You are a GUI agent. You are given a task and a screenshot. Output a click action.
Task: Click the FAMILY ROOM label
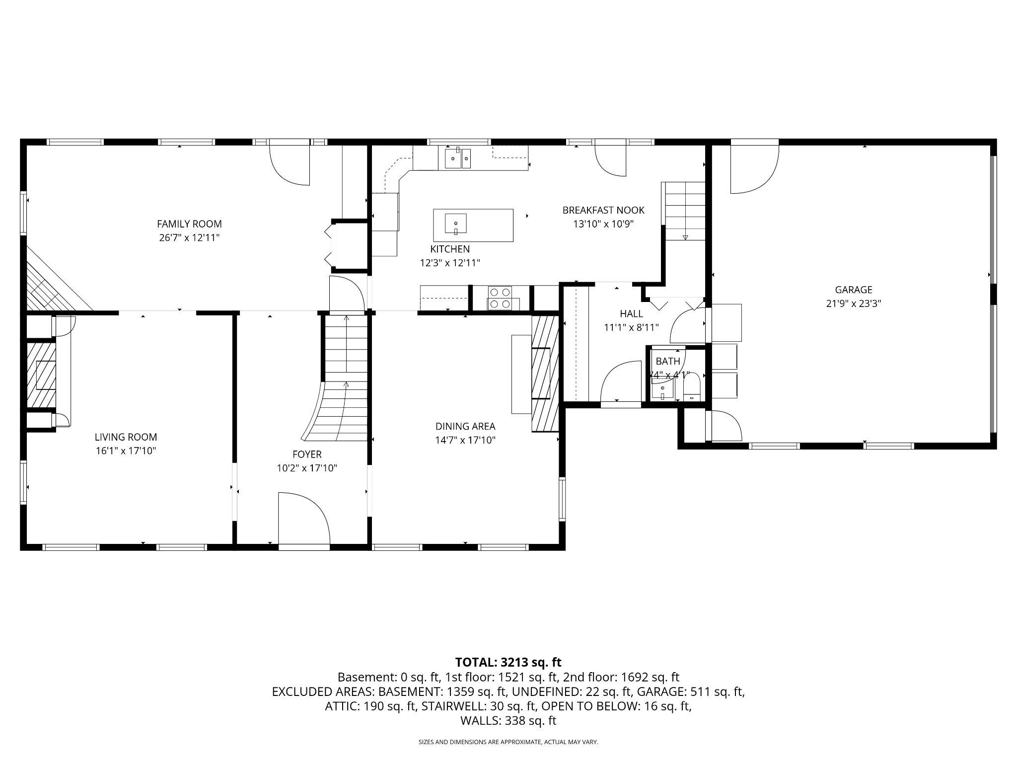[x=189, y=224]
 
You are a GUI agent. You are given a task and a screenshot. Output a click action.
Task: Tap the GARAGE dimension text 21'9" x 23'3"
[x=853, y=304]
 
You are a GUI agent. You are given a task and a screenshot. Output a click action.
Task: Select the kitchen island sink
[x=455, y=224]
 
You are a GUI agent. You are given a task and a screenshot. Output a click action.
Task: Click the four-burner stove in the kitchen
[x=500, y=298]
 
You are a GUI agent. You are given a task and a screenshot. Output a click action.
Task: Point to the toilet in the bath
[x=692, y=388]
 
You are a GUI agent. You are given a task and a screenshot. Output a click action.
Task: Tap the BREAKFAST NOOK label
[x=603, y=210]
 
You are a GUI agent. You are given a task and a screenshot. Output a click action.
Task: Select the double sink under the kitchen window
[x=458, y=159]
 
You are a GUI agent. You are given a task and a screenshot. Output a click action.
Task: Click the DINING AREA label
[x=465, y=426]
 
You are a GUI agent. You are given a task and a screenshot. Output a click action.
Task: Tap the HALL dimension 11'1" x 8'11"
[x=631, y=327]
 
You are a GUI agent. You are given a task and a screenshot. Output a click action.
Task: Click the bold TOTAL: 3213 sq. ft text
[x=508, y=662]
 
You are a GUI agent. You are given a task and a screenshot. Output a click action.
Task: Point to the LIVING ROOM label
[x=126, y=437]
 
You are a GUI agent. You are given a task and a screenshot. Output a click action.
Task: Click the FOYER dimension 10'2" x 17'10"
[x=307, y=468]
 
